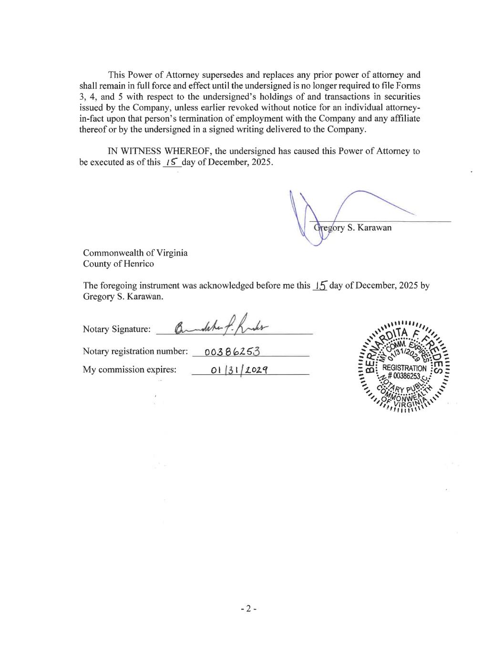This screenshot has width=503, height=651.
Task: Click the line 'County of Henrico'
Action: [118, 264]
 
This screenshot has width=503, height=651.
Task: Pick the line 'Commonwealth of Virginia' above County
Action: [135, 253]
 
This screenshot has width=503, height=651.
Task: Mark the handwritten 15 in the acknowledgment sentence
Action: [320, 285]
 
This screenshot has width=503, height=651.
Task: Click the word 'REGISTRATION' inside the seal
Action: [404, 368]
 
